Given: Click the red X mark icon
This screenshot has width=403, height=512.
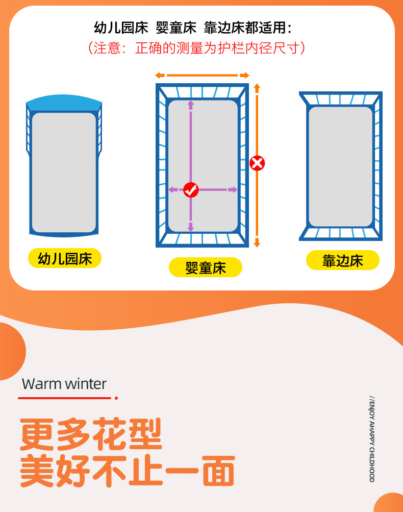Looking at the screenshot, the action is pyautogui.click(x=257, y=163).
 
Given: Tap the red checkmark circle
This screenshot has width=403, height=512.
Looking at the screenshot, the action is pyautogui.click(x=191, y=190).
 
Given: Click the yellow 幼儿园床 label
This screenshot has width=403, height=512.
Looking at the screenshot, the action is pyautogui.click(x=65, y=258).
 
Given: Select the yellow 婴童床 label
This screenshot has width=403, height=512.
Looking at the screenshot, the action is pyautogui.click(x=206, y=267).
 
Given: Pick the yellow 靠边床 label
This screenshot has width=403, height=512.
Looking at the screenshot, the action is pyautogui.click(x=343, y=260).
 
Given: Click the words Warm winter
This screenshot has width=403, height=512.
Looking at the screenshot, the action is pyautogui.click(x=64, y=384).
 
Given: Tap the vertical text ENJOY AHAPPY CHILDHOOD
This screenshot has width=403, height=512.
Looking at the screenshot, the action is pyautogui.click(x=372, y=439).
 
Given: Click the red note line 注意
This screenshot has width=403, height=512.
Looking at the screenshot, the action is pyautogui.click(x=197, y=48).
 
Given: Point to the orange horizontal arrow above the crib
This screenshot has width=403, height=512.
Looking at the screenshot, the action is pyautogui.click(x=203, y=76).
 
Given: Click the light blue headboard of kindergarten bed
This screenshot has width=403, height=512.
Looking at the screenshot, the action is pyautogui.click(x=64, y=103).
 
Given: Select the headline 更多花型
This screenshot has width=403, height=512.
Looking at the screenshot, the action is pyautogui.click(x=91, y=434).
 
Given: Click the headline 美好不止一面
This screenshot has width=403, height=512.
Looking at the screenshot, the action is pyautogui.click(x=127, y=471).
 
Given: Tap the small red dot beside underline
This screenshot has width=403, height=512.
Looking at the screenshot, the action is pyautogui.click(x=116, y=398).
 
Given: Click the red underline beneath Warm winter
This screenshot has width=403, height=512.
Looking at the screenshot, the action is pyautogui.click(x=65, y=398).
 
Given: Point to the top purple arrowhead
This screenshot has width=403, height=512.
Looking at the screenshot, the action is pyautogui.click(x=191, y=105).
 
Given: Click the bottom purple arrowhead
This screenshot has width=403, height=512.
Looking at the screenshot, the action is pyautogui.click(x=191, y=227).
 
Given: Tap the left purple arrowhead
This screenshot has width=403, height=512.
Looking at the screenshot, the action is pyautogui.click(x=173, y=190).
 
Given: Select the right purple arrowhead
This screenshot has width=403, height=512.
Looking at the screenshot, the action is pyautogui.click(x=233, y=190).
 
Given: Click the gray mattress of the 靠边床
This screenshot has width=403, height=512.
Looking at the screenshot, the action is pyautogui.click(x=341, y=166).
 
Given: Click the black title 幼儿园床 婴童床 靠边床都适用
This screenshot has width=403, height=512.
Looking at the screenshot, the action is pyautogui.click(x=192, y=28).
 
